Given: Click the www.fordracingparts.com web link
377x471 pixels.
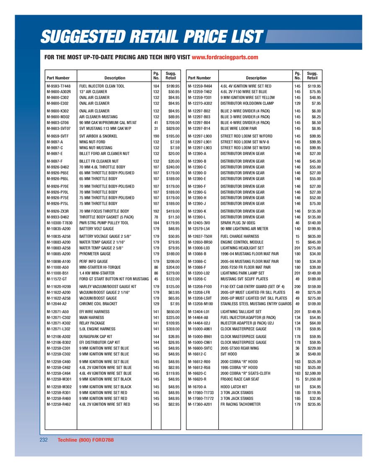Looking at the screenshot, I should tap(225, 57).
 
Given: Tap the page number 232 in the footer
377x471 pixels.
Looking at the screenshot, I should tap(44, 440).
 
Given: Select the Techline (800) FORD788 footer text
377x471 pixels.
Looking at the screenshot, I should tap(85, 440).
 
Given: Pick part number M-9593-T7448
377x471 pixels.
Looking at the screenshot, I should tap(58, 86).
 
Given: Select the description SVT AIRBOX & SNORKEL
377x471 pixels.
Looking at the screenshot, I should tap(98, 136).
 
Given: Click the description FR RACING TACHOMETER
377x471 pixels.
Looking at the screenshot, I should tap(240, 404).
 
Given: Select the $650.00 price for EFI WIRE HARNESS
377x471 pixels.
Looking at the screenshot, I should tap(171, 312).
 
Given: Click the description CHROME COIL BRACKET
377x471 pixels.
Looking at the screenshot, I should tap(99, 304).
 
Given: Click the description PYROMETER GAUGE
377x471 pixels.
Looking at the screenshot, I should tap(95, 254).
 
